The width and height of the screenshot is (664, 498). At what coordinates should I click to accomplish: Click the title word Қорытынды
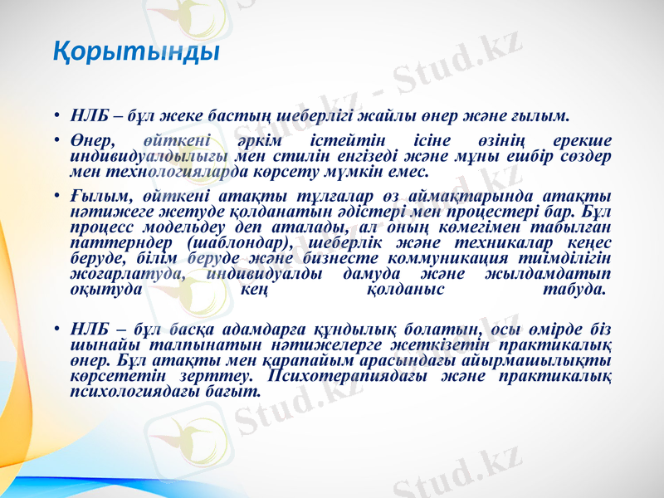coord(136,52)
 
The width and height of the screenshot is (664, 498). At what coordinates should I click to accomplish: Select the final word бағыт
coord(232,388)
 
